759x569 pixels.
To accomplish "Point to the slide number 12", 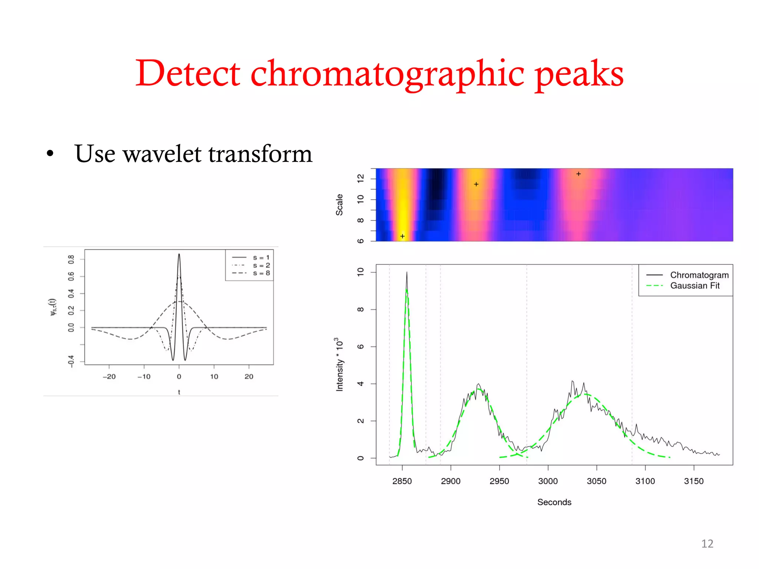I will click(707, 543).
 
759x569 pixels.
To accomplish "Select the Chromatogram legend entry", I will click(699, 275).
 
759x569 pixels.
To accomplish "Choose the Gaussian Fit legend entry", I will click(695, 286).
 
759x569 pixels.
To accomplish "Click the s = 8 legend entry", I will click(261, 273).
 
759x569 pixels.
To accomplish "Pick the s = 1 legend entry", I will click(261, 257).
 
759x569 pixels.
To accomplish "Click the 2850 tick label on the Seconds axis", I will click(402, 481).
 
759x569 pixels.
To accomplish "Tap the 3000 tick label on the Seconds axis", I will click(548, 481).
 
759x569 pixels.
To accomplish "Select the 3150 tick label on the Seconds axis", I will click(693, 481).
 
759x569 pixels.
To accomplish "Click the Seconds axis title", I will click(554, 502).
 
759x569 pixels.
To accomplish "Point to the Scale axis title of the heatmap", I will click(339, 204).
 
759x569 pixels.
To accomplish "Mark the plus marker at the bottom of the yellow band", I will click(402, 236).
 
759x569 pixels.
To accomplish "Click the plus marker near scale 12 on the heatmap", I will click(579, 174).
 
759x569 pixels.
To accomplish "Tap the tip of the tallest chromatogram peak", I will click(407, 272).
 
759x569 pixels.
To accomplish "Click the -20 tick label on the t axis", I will click(109, 377).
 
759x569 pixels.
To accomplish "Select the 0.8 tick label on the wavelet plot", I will click(71, 259).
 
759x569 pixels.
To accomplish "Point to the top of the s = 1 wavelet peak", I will click(179, 254).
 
